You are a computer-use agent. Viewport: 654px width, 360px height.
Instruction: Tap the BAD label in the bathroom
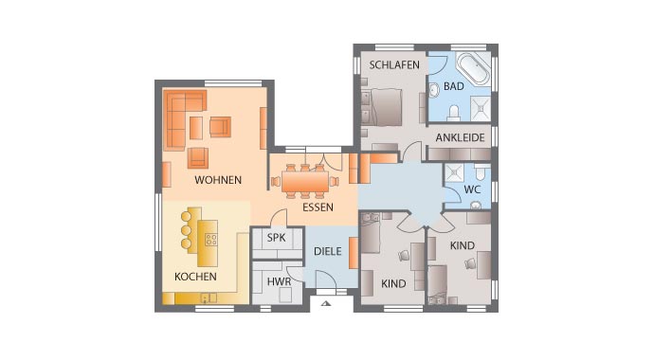(453, 86)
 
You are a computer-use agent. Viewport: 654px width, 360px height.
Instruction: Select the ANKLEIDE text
(461, 137)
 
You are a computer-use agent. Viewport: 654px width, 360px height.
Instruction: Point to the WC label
(472, 189)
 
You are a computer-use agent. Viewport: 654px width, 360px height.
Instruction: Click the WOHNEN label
(218, 179)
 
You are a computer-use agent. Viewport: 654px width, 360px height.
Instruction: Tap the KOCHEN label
(195, 277)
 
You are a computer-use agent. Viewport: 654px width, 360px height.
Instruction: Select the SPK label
(276, 239)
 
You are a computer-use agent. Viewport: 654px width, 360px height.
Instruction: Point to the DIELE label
(328, 253)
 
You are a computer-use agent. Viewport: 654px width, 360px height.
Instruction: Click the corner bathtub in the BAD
(471, 70)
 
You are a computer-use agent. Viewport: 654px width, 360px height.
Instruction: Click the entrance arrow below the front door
(325, 304)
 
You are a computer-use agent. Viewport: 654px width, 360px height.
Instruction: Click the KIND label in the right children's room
(462, 245)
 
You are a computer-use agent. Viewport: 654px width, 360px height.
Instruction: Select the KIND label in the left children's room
(392, 283)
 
